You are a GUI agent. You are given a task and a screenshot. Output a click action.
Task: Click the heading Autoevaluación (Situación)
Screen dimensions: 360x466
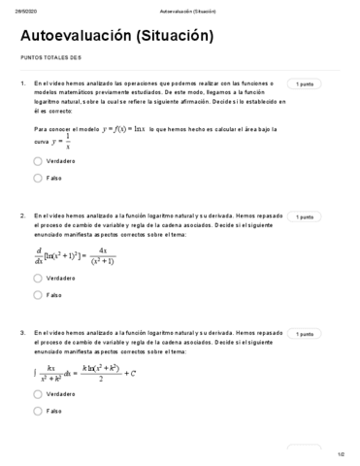115,37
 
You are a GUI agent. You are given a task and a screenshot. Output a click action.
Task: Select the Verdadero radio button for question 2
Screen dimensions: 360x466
38,277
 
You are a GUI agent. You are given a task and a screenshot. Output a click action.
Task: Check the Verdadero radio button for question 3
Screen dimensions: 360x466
38,394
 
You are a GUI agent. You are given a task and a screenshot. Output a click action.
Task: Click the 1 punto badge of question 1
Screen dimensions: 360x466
305,85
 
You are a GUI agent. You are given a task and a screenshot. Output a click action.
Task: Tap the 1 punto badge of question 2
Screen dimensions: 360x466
305,217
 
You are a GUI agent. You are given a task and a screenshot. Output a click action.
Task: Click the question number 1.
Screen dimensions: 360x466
22,84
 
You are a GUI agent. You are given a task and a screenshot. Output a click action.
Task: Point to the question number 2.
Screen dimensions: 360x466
22,216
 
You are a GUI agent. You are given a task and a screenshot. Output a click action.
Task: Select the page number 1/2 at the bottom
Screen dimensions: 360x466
341,453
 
